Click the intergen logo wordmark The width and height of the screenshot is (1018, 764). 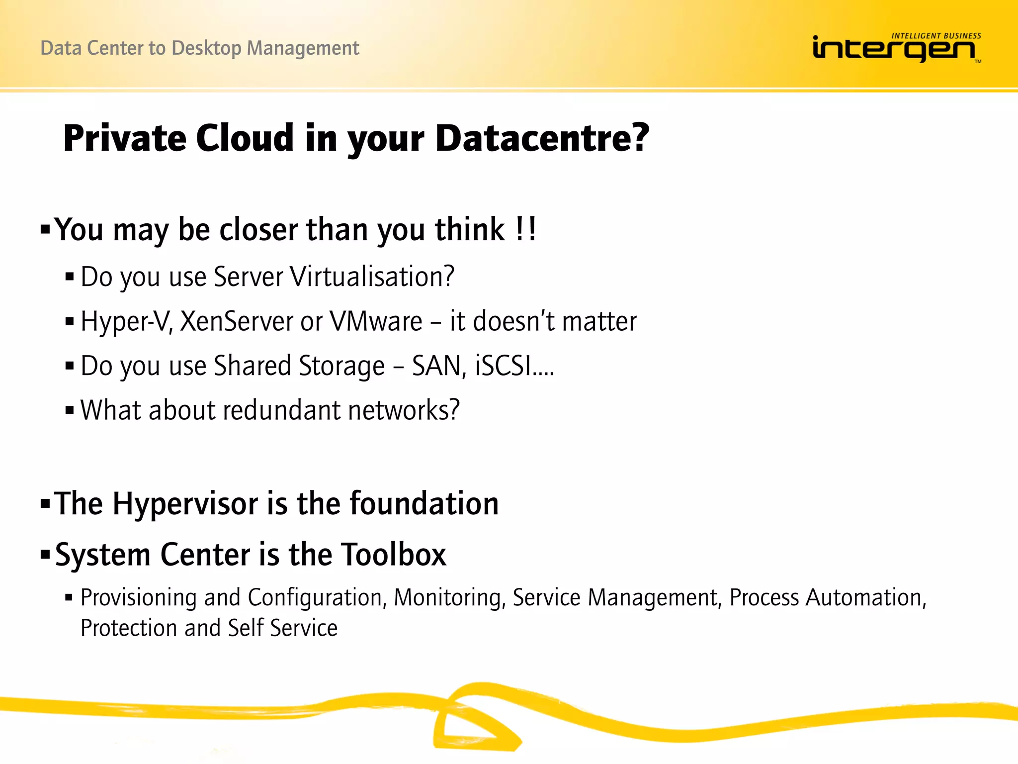[x=893, y=49]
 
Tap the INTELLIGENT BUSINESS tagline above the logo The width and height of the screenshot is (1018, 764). [x=936, y=36]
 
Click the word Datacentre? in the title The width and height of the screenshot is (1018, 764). [x=542, y=138]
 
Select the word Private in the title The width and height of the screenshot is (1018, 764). [x=124, y=138]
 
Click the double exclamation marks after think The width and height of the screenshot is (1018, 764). [x=526, y=229]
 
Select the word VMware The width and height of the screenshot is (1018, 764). [x=376, y=321]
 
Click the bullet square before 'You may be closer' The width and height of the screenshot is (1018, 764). [x=45, y=230]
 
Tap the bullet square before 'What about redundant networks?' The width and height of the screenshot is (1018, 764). [x=70, y=411]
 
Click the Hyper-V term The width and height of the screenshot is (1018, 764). [x=126, y=321]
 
